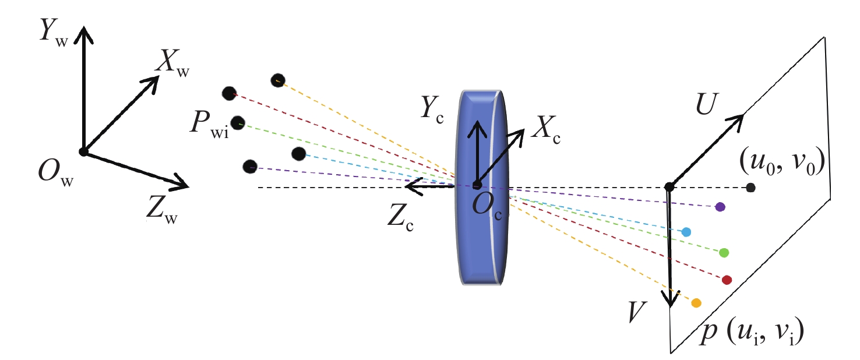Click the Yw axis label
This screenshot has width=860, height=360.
54,32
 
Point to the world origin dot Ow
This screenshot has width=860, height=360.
83,152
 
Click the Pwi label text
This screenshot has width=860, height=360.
210,124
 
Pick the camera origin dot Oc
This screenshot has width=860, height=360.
477,185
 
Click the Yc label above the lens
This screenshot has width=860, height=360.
432,110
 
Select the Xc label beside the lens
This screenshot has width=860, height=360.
545,130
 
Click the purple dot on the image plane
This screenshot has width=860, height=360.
720,207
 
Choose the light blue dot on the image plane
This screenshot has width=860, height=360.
686,232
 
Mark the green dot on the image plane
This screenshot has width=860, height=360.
724,253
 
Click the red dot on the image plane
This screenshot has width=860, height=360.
727,280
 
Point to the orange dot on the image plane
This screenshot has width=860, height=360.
696,303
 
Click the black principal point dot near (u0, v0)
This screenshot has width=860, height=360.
750,188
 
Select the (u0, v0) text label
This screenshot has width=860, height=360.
782,163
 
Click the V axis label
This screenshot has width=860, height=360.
637,312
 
